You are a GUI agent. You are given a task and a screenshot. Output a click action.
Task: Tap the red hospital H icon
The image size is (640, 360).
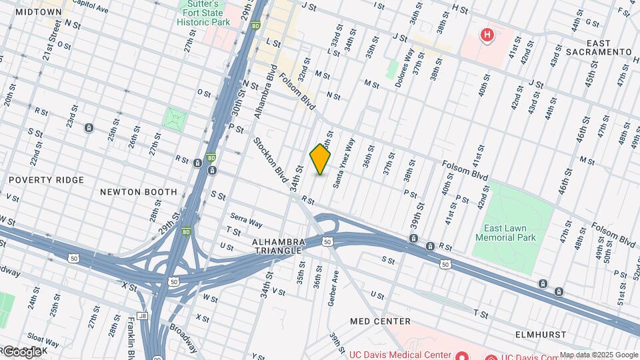pyautogui.click(x=488, y=34)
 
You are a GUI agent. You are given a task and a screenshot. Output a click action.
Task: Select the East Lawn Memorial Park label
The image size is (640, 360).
pyautogui.click(x=505, y=233)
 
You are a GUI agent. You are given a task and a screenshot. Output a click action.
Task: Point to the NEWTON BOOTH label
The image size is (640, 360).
pyautogui.click(x=139, y=192)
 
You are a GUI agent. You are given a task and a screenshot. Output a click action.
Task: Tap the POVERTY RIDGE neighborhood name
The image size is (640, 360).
pyautogui.click(x=46, y=180)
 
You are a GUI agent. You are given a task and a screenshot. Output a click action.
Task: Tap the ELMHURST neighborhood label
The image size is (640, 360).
pyautogui.click(x=541, y=334)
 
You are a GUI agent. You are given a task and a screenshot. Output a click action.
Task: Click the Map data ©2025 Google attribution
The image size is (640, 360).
pyautogui.click(x=599, y=355)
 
